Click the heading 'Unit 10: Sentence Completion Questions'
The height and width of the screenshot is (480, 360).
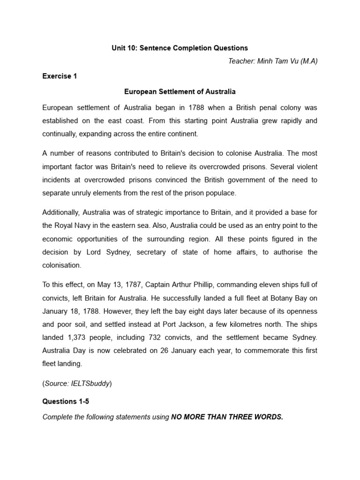pyautogui.click(x=180, y=48)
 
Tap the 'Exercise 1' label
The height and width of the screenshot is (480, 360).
pyautogui.click(x=60, y=76)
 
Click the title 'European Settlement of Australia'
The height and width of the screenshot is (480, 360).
pyautogui.click(x=180, y=91)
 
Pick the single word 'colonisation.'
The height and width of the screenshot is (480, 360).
pyautogui.click(x=62, y=265)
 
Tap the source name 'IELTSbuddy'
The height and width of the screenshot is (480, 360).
pyautogui.click(x=92, y=383)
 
